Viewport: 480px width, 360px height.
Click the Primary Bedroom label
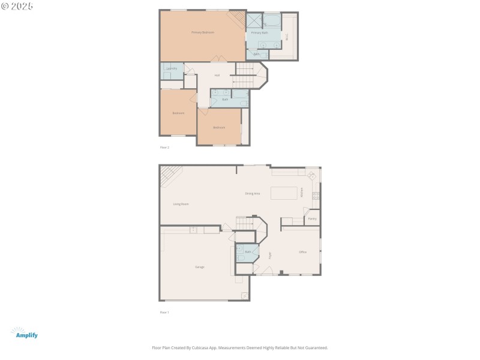pos(203,32)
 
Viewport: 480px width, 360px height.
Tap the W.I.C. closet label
pos(287,36)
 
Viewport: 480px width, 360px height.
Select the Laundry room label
pos(172,68)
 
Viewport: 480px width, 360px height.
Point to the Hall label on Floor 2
pos(217,75)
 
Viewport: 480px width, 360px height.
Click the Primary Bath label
pos(260,32)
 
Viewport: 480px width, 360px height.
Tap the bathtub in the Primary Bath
pos(272,21)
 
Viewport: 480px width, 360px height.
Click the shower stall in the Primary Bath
pos(254,20)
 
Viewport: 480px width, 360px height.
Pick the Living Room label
pos(181,204)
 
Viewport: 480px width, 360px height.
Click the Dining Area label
pos(253,193)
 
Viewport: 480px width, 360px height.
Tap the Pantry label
pos(312,218)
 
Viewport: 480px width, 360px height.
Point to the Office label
pos(303,252)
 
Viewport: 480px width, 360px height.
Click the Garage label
pos(200,266)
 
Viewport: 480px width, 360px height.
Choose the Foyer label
pos(270,254)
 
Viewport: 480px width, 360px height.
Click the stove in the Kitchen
pos(316,196)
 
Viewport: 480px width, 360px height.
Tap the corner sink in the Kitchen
pos(312,176)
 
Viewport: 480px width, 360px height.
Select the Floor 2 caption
pos(164,147)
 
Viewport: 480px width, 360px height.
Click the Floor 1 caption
pos(164,312)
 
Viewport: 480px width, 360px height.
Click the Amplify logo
pos(24,333)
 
